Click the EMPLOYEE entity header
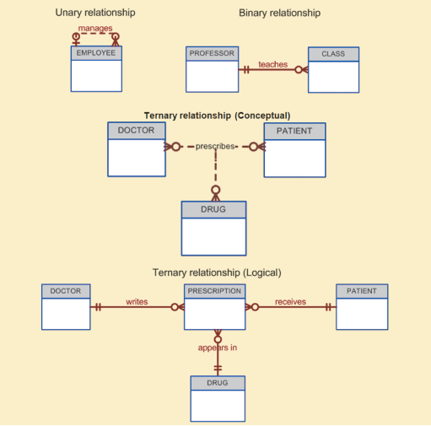point(96,53)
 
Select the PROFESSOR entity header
point(212,53)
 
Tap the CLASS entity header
point(333,54)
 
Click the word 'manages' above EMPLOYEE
point(95,29)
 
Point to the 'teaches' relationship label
point(273,64)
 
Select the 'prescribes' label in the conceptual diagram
point(215,146)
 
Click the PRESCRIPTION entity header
point(214,291)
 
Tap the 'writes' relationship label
point(137,302)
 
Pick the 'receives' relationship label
point(290,302)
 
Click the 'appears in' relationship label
point(218,348)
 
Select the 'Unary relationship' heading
point(95,13)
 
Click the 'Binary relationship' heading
point(280,13)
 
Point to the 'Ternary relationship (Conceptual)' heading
point(217,116)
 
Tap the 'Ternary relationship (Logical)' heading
point(217,272)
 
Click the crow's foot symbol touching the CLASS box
point(305,69)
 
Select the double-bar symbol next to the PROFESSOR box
point(246,69)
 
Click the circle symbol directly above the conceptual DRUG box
point(216,190)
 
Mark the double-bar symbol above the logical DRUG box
point(218,368)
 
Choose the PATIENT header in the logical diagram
point(362,291)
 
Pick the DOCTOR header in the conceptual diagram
point(137,131)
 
